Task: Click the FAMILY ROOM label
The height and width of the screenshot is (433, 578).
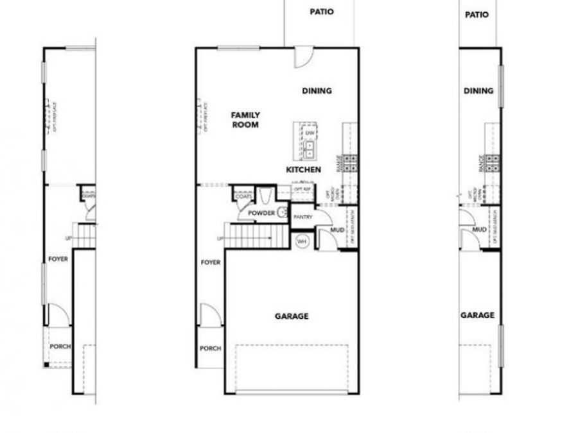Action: coord(245,120)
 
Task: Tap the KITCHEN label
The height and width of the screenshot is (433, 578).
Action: coord(303,169)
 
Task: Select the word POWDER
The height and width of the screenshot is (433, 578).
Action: coord(261,213)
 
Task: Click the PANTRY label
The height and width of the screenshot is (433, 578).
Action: coord(302,217)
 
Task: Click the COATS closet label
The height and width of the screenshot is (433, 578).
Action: coord(243,196)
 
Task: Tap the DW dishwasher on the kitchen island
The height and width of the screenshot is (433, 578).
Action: coord(310,133)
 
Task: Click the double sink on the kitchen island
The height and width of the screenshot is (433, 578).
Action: coord(310,150)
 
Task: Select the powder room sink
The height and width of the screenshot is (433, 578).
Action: coord(282,213)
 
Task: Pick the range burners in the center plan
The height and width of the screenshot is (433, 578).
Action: coord(351,162)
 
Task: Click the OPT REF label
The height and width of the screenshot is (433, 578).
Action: coord(302,190)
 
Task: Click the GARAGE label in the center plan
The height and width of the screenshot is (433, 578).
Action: coord(292,316)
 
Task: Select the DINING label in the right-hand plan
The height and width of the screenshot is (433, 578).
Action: coord(478,91)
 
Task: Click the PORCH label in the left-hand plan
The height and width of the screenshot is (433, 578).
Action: coord(60,346)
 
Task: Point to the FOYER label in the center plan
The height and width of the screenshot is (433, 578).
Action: coord(211,262)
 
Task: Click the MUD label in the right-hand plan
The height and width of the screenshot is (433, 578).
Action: coord(478,229)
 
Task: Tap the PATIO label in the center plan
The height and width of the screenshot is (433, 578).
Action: coord(322,12)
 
